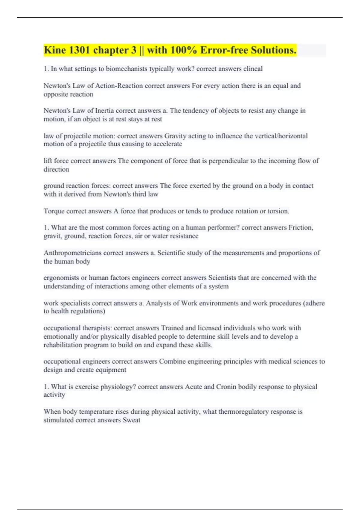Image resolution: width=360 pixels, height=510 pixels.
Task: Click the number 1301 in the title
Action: coord(79,50)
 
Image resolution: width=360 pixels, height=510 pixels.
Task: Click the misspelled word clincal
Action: coord(253,69)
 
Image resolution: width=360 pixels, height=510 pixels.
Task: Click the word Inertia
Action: coord(104,111)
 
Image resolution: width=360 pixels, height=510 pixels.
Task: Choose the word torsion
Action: coord(278,211)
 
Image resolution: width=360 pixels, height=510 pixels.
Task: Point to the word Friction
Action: coord(301,228)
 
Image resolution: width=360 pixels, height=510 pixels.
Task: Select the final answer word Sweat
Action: coord(131,420)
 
